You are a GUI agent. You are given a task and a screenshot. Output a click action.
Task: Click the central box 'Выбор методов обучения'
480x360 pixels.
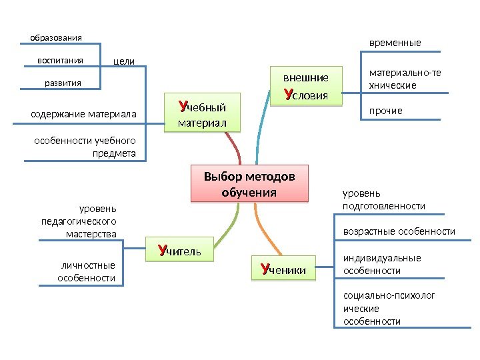point(249,184)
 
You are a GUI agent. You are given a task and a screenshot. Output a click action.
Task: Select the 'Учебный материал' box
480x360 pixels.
point(202,115)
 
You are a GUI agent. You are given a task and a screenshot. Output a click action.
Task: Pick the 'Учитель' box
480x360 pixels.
point(183,251)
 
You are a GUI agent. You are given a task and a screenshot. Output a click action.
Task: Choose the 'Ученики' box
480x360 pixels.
point(283,269)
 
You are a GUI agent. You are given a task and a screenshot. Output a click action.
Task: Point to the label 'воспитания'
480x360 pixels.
point(60,60)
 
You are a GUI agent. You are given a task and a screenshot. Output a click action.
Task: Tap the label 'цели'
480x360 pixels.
point(124,61)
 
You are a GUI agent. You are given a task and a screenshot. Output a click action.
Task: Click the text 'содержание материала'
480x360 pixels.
point(83,115)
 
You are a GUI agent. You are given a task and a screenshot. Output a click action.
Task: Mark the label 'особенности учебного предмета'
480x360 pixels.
point(85,147)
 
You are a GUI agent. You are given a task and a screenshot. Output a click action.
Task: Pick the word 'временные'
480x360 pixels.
point(395,43)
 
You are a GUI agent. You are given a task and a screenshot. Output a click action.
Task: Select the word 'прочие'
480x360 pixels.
point(386,110)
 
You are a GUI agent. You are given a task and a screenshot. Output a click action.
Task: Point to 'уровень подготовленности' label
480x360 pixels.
point(383,200)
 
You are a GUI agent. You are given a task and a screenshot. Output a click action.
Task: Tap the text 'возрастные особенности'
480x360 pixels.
point(399,231)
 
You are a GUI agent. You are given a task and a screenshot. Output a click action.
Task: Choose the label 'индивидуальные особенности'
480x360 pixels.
point(382,264)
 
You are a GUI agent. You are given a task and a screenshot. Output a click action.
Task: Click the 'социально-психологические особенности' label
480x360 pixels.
point(388,308)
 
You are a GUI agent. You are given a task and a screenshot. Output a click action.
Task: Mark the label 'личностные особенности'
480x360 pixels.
point(87,271)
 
